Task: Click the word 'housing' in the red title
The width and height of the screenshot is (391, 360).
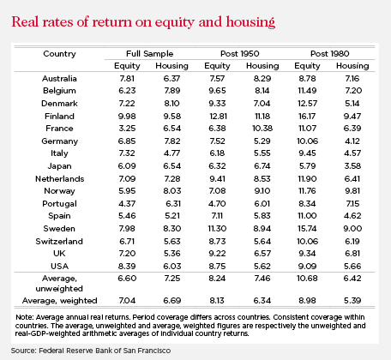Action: (x=250, y=22)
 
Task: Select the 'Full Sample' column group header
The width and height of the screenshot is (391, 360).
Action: (x=150, y=54)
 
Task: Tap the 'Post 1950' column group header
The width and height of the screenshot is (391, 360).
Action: (x=240, y=54)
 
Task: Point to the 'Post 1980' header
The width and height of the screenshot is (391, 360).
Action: (x=330, y=54)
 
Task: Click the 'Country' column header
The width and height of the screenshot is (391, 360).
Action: (x=59, y=54)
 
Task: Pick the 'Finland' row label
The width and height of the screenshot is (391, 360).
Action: (x=59, y=117)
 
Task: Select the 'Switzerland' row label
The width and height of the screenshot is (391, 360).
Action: (x=59, y=242)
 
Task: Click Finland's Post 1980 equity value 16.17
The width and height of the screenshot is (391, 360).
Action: (x=307, y=117)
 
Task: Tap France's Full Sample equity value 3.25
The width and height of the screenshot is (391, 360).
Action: (x=127, y=129)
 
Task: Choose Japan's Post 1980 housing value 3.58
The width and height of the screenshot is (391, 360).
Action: (x=352, y=166)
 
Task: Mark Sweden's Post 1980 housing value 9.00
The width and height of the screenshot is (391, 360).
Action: (x=352, y=229)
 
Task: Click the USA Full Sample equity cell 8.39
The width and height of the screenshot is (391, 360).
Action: (x=127, y=267)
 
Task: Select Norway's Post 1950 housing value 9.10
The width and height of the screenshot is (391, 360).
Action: (x=262, y=191)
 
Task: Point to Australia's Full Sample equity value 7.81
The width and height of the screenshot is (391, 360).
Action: (x=127, y=79)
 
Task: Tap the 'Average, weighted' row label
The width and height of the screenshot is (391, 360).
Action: (x=60, y=301)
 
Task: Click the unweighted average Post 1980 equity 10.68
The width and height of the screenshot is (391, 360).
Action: (x=307, y=279)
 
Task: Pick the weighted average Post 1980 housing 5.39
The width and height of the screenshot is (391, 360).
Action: (x=352, y=301)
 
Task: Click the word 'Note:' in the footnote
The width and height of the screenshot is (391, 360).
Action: (x=25, y=317)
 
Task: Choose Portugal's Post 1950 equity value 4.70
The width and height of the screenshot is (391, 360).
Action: (x=217, y=204)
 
